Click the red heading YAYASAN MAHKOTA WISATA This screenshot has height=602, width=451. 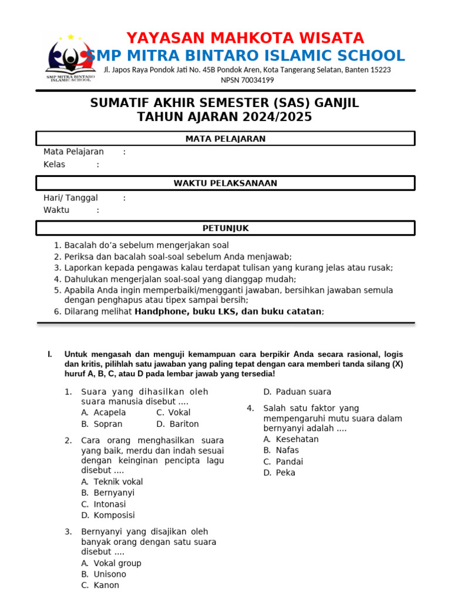coord(245,38)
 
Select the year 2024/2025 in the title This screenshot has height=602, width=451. coord(275,117)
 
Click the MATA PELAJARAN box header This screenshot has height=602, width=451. coord(225,139)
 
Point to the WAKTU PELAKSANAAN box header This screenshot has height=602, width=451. coord(225,183)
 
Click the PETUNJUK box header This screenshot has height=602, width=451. coord(225,228)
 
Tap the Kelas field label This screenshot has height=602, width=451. coord(55,165)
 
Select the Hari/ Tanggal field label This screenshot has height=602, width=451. coord(70,198)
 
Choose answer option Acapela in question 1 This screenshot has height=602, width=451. coord(110,413)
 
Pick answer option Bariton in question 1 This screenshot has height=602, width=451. coord(184,424)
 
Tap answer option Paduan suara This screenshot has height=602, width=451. coord(303,392)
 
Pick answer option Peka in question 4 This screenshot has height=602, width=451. coord(285,473)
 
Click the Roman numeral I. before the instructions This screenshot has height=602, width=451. coord(50,354)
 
